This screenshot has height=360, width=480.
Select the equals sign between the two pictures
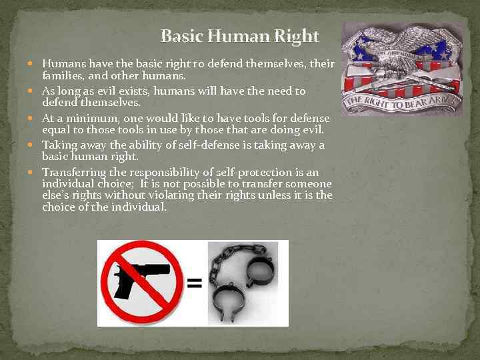tap(194, 283)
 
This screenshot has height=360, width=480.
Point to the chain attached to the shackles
tap(220, 267)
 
